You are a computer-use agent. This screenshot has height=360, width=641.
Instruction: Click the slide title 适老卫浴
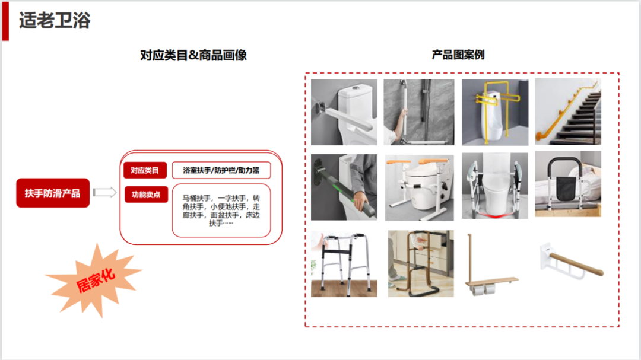click(55, 20)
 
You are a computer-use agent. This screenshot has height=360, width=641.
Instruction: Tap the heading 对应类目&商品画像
click(193, 55)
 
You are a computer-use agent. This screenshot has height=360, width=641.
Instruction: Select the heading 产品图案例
click(458, 55)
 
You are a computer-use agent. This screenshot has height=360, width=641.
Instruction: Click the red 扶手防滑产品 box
click(53, 193)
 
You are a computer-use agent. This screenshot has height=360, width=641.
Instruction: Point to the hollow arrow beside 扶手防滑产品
click(104, 192)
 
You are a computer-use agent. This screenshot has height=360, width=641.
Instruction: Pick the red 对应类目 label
click(145, 170)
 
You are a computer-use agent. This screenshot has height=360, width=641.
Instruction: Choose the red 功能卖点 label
click(146, 195)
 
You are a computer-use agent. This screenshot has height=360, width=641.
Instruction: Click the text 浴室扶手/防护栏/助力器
click(221, 170)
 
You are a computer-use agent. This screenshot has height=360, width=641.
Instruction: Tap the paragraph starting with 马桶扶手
click(221, 211)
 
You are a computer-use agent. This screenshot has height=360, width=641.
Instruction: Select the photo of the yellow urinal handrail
click(495, 112)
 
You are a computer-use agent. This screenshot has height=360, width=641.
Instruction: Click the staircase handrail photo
click(568, 111)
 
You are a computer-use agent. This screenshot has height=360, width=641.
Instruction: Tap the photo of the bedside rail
click(568, 184)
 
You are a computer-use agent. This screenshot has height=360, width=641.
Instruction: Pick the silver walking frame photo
click(344, 263)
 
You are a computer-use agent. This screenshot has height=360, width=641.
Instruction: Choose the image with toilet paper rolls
click(492, 265)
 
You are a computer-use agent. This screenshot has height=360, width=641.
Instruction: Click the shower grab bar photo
click(419, 112)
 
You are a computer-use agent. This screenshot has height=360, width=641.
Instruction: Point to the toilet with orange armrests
click(420, 187)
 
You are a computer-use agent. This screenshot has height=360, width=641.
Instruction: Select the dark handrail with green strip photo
click(344, 187)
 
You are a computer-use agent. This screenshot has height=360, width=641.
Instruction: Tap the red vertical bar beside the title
click(5, 21)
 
